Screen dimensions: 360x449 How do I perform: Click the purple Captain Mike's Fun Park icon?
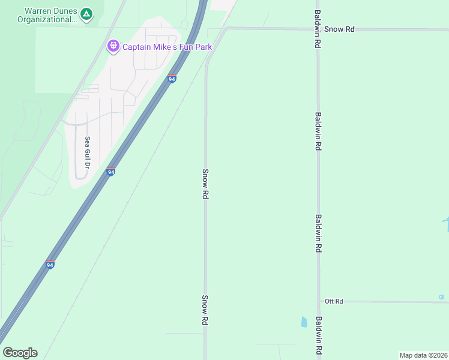pos(113,46)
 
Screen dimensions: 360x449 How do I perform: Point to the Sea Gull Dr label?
pos(87,152)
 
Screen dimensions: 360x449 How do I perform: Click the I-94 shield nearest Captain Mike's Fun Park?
pos(172,79)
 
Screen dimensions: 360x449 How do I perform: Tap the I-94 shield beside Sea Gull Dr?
pos(110,172)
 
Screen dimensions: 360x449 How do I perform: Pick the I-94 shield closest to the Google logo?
pos(50,265)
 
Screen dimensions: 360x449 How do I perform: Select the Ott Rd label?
pos(334,301)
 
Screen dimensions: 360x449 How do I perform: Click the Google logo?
pos(20,353)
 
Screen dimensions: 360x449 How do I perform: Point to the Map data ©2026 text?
pos(423,355)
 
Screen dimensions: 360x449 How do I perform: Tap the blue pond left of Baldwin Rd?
pos(304,322)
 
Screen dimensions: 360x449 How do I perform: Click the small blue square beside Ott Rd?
pos(441,297)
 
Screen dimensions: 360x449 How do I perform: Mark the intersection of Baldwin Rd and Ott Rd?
pos(319,301)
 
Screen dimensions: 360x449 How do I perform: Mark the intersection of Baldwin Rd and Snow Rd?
pos(318,29)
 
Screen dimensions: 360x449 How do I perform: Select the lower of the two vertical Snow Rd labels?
pos(205,310)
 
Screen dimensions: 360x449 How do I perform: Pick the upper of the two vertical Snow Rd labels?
pos(205,184)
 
